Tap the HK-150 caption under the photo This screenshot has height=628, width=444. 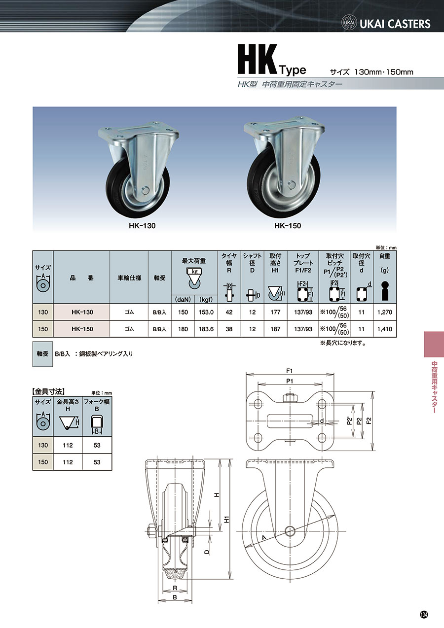coord(288,226)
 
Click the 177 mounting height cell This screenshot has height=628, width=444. coord(275,312)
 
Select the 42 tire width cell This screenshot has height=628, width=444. coord(229,312)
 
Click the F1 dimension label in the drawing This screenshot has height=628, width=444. coord(290,370)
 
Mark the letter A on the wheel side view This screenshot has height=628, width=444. coord(264,538)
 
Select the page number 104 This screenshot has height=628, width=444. coord(424,614)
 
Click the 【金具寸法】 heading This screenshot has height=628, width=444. coord(49,391)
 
